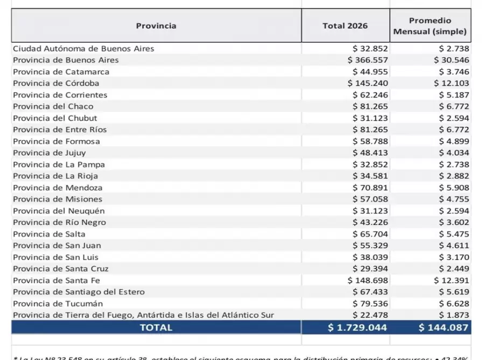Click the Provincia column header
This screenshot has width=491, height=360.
tap(156, 25)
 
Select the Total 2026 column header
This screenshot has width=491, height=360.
tap(345, 25)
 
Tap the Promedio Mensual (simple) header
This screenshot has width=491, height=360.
tap(430, 26)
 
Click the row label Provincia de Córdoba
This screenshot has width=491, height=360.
tap(56, 83)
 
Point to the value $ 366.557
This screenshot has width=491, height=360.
tap(368, 60)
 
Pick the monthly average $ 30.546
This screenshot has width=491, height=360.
tap(451, 60)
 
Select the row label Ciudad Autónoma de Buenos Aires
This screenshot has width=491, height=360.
tap(83, 48)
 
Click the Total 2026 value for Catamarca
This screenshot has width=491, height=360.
tap(370, 72)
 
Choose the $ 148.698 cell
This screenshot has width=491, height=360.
tap(368, 280)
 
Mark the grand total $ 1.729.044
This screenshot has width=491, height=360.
tap(357, 327)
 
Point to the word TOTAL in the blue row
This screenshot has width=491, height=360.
tap(156, 327)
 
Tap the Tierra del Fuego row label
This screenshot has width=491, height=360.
tap(143, 315)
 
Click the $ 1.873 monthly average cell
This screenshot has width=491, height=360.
tap(454, 315)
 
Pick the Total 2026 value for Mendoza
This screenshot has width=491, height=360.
tap(370, 188)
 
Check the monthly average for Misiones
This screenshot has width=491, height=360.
tap(454, 199)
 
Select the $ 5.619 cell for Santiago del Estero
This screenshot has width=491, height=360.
tap(454, 292)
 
